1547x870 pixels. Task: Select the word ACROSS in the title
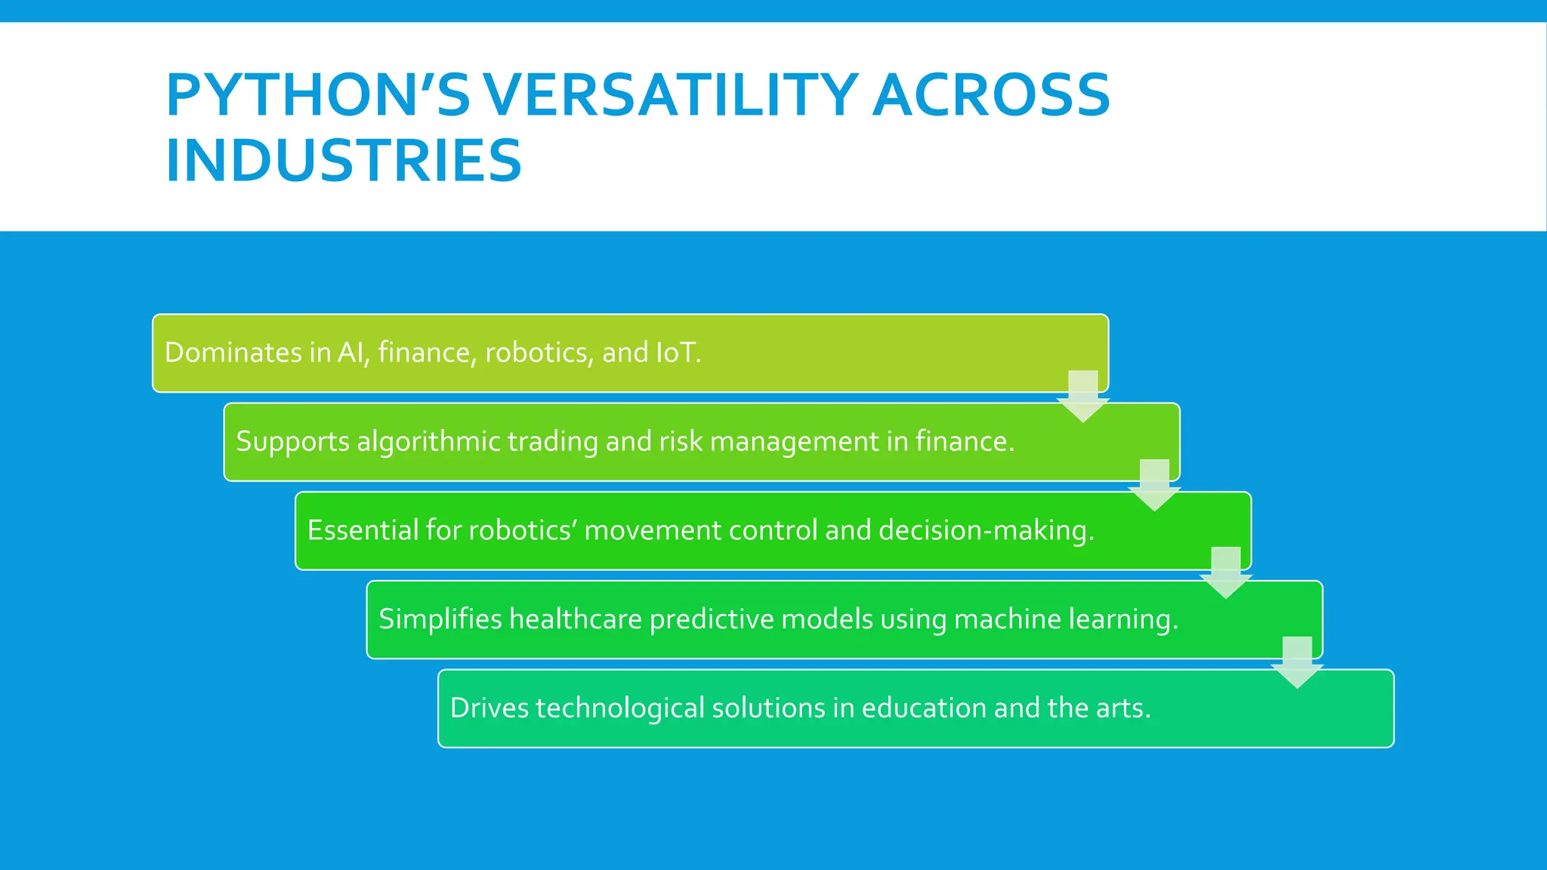click(x=991, y=95)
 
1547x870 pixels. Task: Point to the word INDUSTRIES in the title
click(x=344, y=160)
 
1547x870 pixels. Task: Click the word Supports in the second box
click(x=292, y=442)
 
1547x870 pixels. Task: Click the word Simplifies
click(x=440, y=619)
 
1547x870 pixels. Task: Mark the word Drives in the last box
click(x=489, y=708)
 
